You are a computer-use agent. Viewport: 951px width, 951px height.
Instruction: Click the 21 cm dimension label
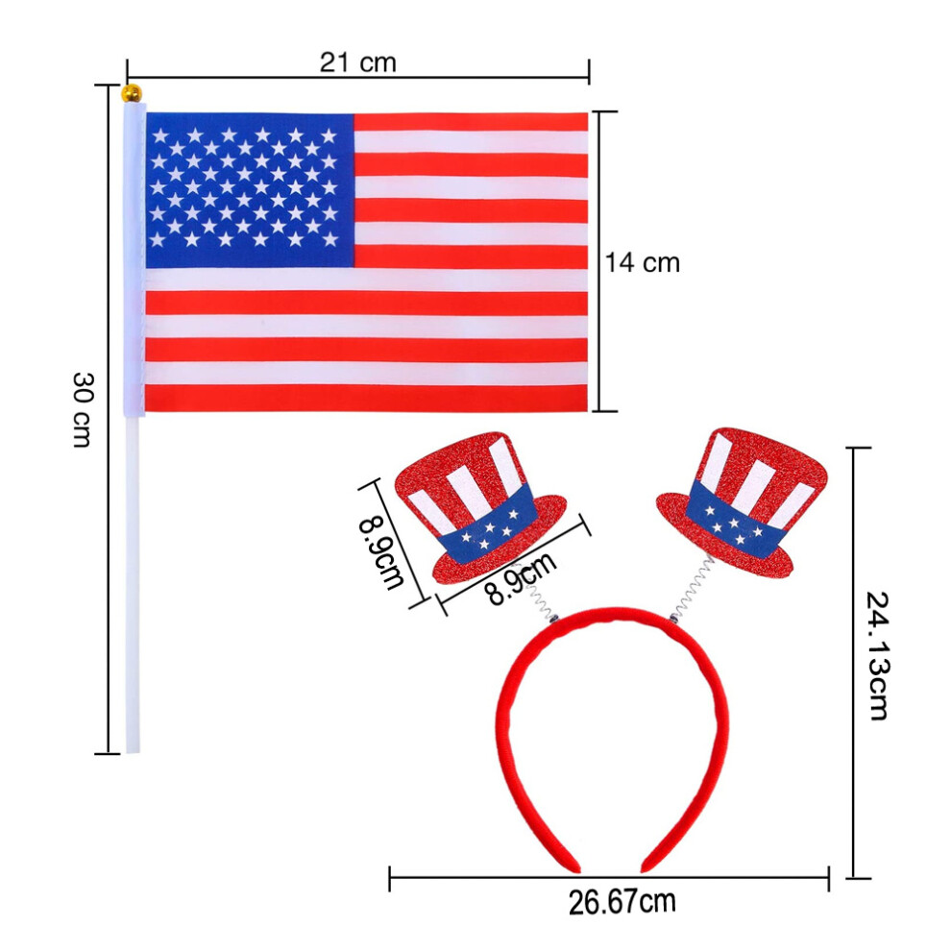[358, 62]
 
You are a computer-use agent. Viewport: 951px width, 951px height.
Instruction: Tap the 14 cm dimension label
[643, 262]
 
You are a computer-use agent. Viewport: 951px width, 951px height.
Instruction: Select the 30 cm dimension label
[82, 409]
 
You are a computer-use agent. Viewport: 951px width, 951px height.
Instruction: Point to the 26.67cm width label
[622, 902]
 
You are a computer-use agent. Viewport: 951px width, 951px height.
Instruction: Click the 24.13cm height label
[876, 655]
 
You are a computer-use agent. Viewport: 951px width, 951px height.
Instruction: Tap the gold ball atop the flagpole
[132, 94]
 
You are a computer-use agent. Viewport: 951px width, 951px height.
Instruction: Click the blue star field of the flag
[249, 190]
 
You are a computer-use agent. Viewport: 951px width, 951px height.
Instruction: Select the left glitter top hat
[480, 506]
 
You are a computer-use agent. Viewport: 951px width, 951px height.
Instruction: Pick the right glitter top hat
[743, 502]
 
